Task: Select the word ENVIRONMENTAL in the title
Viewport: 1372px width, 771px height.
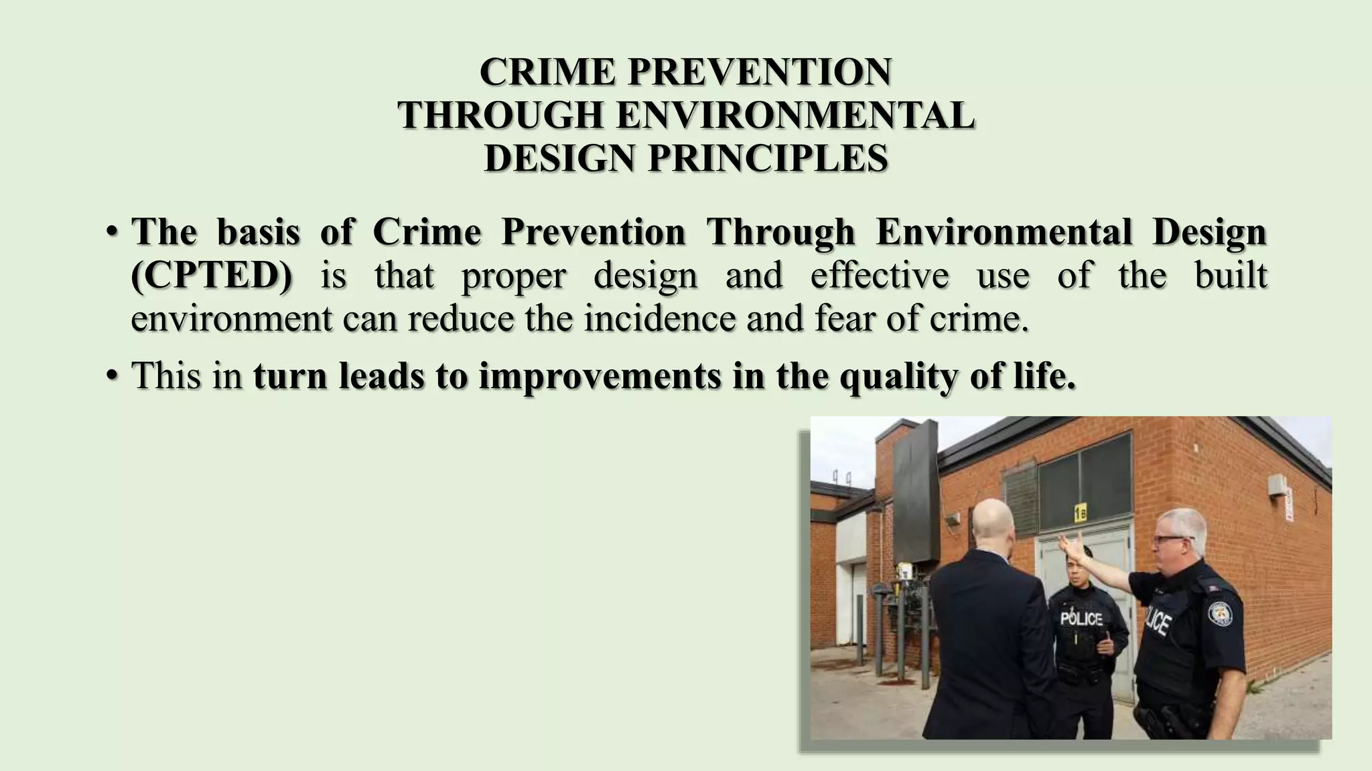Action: tap(795, 115)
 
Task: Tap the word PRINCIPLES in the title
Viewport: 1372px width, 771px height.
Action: tap(768, 159)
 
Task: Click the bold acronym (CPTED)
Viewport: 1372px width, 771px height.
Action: tap(212, 276)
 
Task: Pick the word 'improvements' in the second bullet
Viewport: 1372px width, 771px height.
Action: tap(600, 376)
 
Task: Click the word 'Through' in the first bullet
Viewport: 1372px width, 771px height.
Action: tap(780, 233)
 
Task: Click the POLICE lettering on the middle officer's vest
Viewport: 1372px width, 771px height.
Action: tap(1081, 619)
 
